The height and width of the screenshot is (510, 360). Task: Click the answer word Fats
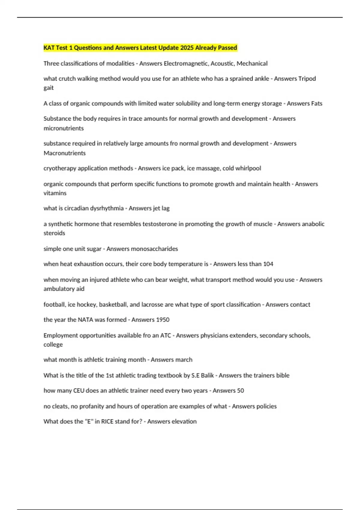[316, 103]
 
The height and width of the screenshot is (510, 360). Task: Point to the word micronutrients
[64, 128]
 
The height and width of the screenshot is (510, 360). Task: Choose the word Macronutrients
[64, 153]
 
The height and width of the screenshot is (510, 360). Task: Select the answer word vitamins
[55, 193]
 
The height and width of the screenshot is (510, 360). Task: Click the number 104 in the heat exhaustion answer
[268, 264]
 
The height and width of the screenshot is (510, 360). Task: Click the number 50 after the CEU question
[240, 391]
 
